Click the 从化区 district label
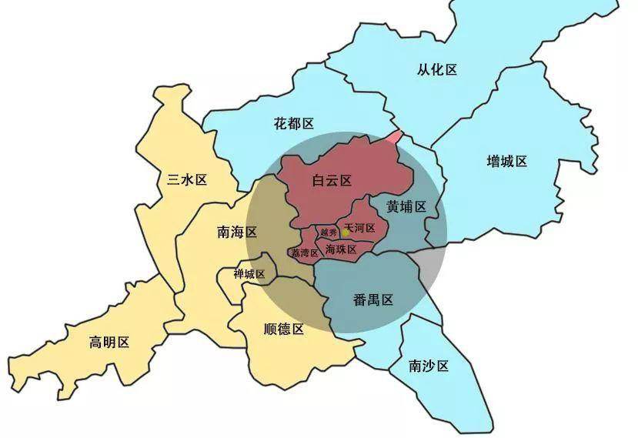[x=437, y=69]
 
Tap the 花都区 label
[x=294, y=123]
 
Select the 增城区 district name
[x=507, y=161]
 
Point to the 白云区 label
[x=332, y=181]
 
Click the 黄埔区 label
[x=406, y=206]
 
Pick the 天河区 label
[x=360, y=229]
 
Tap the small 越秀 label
[x=329, y=232]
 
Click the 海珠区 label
[x=341, y=249]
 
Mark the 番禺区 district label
[x=374, y=299]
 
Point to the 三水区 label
[x=188, y=179]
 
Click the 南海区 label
[x=237, y=231]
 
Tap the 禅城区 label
[x=249, y=274]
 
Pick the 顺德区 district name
[x=284, y=329]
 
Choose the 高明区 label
[x=109, y=342]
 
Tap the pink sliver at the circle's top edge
[x=394, y=138]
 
